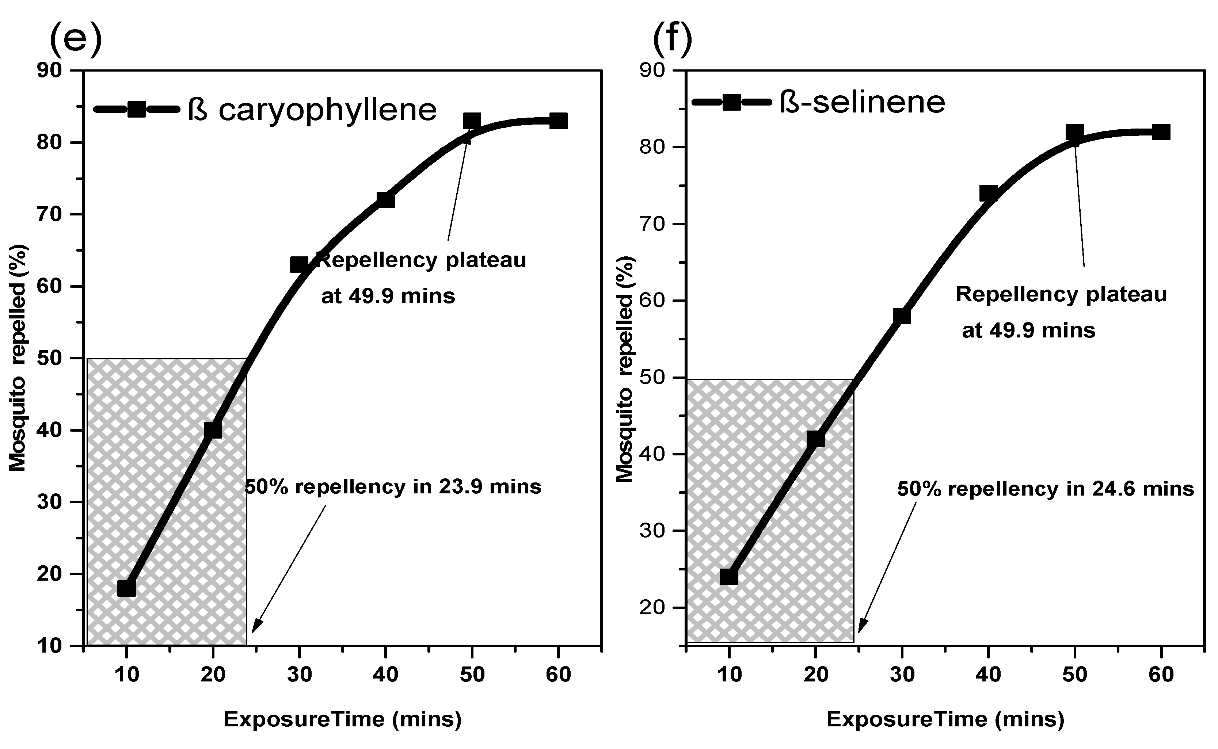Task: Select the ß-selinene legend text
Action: point(862,103)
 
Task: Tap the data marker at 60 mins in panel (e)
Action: point(559,121)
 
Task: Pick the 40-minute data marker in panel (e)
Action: point(385,200)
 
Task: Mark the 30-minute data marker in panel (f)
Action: point(902,316)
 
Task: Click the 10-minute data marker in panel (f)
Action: point(729,577)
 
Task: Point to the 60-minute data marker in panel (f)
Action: point(1161,132)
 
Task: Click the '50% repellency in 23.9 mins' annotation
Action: point(393,487)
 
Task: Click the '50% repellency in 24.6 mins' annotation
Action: point(1046,489)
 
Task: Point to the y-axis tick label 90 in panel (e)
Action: point(50,70)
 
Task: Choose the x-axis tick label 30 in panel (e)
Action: point(299,675)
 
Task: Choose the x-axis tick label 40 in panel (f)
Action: point(989,675)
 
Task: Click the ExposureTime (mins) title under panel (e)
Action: point(343,719)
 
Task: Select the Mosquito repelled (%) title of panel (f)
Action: point(626,369)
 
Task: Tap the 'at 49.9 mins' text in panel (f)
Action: point(1029,330)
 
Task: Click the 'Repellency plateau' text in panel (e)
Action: point(421,260)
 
